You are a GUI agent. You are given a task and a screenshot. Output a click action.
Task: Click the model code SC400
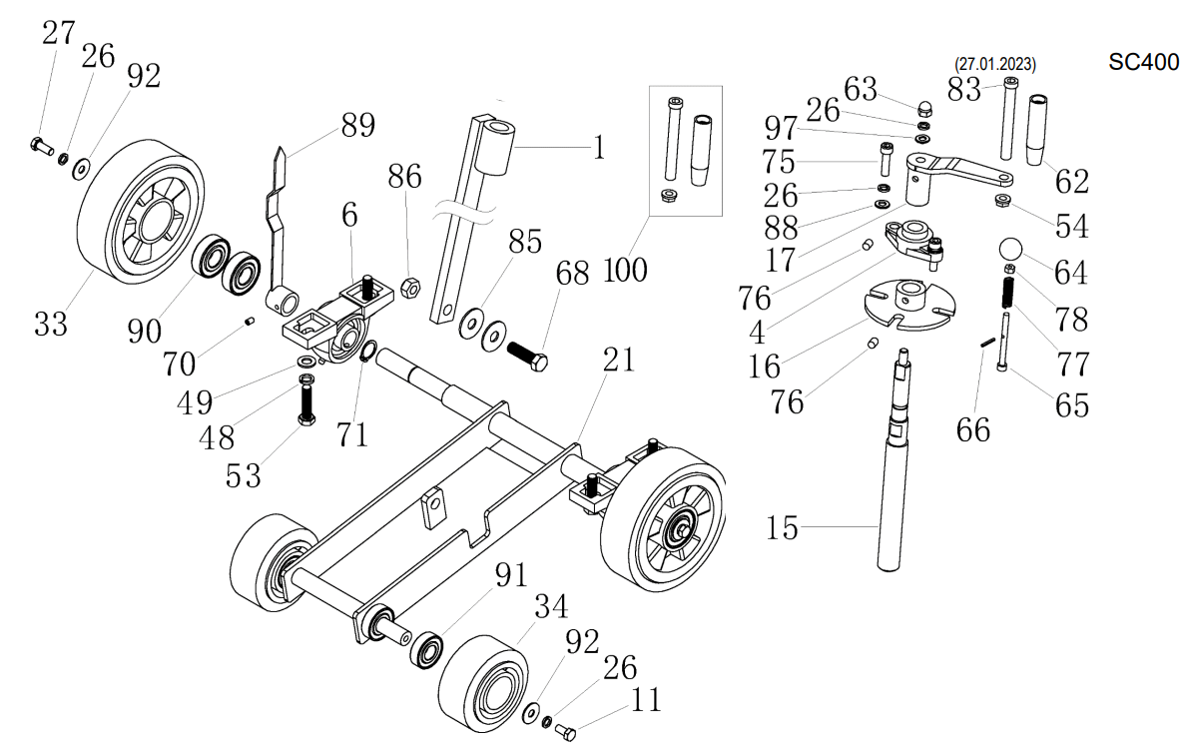(1143, 61)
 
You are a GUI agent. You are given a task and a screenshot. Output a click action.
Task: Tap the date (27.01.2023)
(994, 65)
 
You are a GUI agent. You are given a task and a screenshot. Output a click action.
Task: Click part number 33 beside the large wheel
(51, 323)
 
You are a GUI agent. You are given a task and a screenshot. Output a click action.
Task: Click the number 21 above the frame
(619, 360)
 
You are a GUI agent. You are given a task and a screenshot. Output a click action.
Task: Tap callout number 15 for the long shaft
(783, 526)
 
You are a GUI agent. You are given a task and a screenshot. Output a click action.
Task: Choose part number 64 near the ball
(1070, 272)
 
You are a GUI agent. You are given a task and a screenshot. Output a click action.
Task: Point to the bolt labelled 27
(41, 146)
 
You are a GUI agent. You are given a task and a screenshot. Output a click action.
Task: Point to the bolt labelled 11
(566, 732)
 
